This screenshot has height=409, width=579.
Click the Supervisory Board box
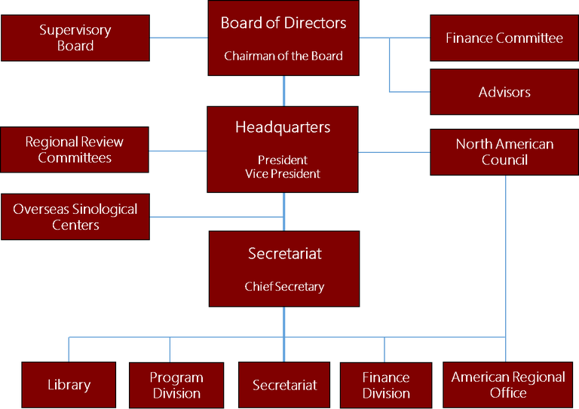75,38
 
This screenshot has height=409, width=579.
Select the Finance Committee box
504,38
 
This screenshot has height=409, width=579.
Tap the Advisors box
504,92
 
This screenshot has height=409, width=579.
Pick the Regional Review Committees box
75,150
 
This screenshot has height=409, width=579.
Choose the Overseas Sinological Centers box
75,217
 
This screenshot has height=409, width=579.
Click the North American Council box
504,151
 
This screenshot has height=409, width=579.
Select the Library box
69,385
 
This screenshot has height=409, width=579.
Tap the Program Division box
176,385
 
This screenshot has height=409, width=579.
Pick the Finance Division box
386,385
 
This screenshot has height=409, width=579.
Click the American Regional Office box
507,384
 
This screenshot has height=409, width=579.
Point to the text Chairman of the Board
283,56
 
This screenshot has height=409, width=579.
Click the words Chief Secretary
284,286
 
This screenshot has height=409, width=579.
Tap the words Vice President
283,174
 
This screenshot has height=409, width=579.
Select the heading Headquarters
283,127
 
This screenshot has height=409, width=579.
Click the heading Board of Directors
283,23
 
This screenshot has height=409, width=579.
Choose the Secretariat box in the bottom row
285,385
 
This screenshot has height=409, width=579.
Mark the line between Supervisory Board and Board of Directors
178,38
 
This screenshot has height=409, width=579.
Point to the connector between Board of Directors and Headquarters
284,90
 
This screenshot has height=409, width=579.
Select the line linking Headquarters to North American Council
394,151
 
